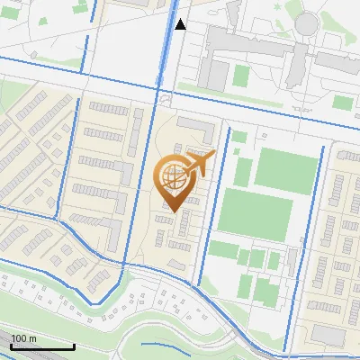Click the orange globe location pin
click(x=173, y=180)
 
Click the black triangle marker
click(x=181, y=24)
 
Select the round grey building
click(x=308, y=25)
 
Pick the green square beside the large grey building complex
click(x=240, y=74)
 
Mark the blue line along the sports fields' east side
click(x=315, y=216)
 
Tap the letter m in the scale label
click(x=32, y=338)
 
